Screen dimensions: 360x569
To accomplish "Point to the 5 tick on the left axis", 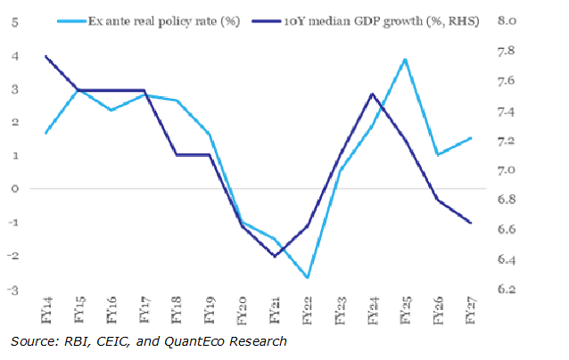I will tap(15, 22).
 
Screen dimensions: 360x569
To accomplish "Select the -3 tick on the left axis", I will tap(13, 290).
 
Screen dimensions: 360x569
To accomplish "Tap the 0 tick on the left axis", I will tap(15, 189).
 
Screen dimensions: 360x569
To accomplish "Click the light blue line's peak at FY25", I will tap(406, 60).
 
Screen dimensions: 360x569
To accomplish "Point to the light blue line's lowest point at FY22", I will tap(308, 278).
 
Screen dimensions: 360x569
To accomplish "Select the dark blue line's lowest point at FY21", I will tap(275, 257).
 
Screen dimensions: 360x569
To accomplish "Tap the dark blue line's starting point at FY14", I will tap(45, 56).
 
